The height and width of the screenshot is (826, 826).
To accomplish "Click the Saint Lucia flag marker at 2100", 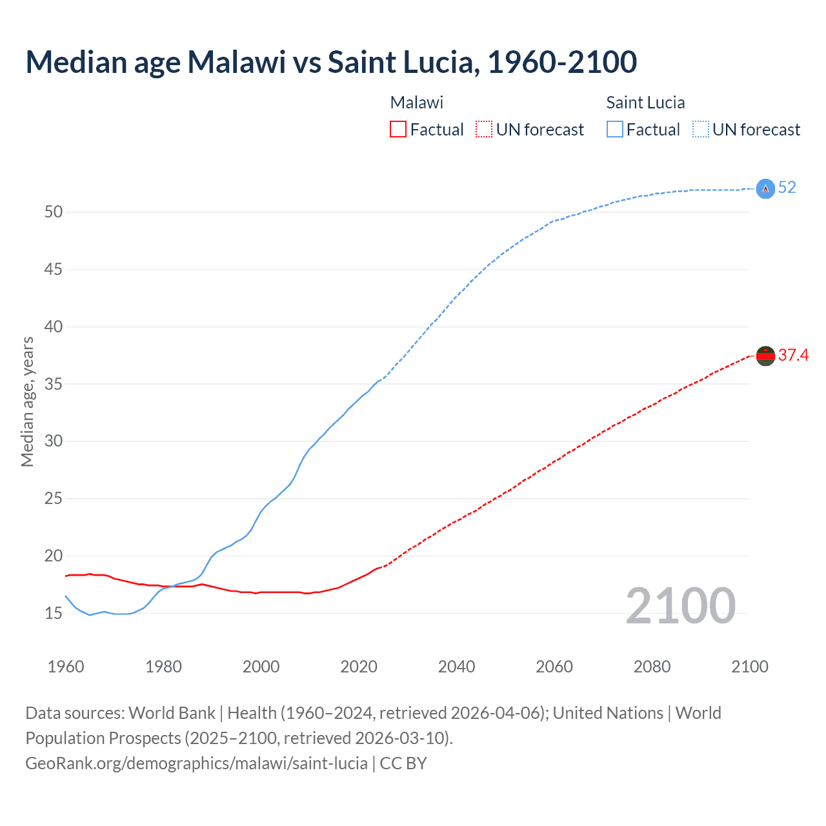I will coord(765,188).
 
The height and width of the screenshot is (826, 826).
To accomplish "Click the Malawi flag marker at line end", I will coord(765,356).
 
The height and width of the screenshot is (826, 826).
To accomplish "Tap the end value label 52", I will coord(787,188).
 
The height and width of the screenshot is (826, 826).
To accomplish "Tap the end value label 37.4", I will coord(793,356).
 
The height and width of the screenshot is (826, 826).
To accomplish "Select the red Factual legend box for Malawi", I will coord(398,130).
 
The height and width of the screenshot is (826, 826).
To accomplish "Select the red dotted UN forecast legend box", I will coord(484,130).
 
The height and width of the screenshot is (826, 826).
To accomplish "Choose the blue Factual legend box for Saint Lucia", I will coord(614,130).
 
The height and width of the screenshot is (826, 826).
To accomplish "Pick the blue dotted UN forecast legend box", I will coord(700,130).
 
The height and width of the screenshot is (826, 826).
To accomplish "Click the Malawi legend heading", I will coord(417,103).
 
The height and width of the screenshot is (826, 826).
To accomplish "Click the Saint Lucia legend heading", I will coord(645,103).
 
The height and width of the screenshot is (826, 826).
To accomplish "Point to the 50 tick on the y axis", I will coord(54,212).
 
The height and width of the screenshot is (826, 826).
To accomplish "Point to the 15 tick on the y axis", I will coord(54,613).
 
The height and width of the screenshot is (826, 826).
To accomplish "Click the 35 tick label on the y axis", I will coord(54,384).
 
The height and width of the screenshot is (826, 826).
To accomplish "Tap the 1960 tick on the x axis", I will coord(66,667).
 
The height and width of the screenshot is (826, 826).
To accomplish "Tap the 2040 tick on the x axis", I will coord(456,667).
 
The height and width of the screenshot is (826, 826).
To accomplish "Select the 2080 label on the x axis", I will coord(652,667).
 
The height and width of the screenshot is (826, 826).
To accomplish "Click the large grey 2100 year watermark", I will coord(680,605).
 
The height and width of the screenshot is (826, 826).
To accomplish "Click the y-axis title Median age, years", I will coord(27,401).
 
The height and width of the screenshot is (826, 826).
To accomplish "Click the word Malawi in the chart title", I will coord(236,62).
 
